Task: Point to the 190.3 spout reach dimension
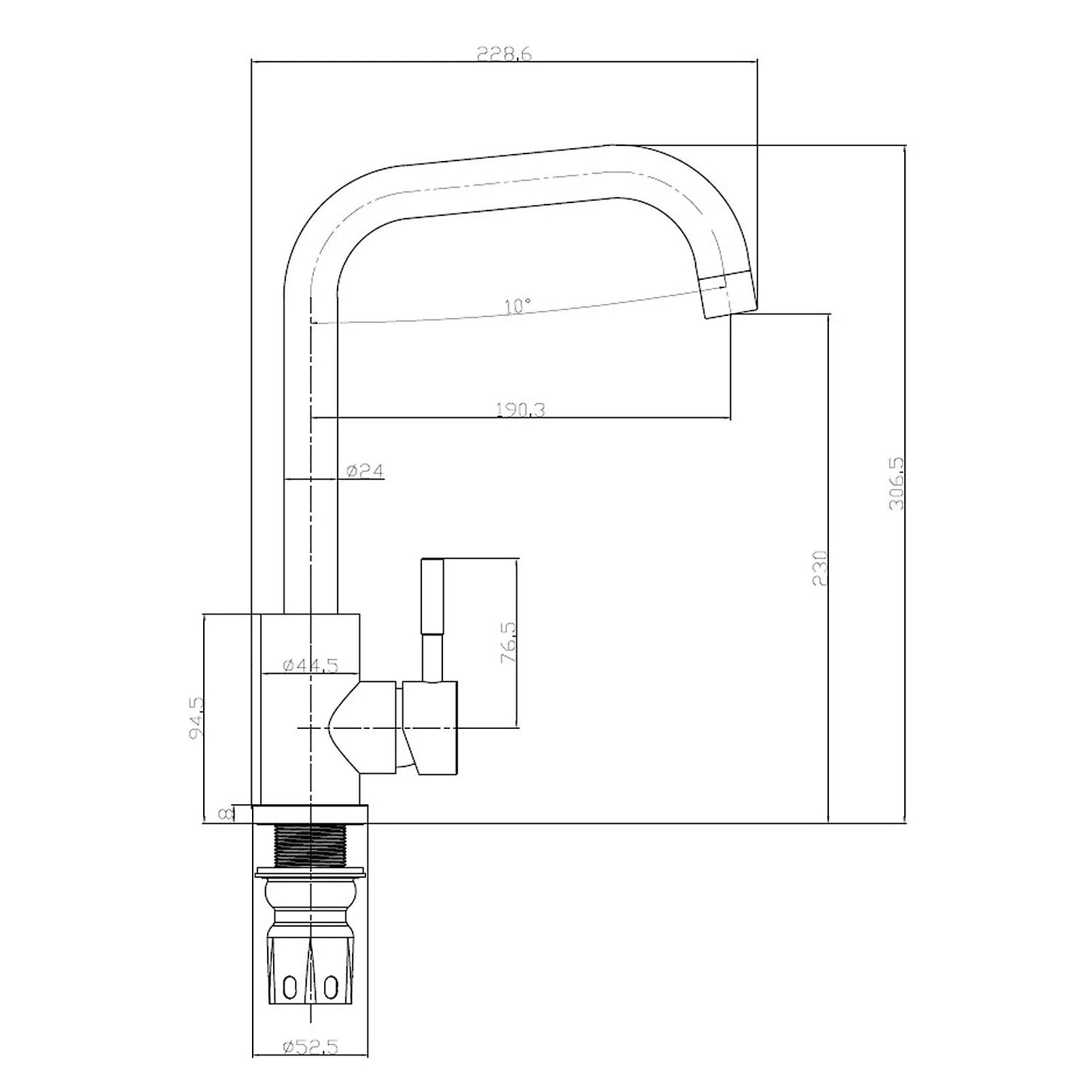click(x=520, y=409)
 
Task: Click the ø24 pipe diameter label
click(x=366, y=471)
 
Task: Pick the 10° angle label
click(x=518, y=305)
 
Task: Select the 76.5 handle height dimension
click(x=508, y=642)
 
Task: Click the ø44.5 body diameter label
click(x=310, y=665)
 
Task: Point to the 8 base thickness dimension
click(x=223, y=814)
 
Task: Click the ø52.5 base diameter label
click(x=310, y=1046)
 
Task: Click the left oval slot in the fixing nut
click(x=290, y=986)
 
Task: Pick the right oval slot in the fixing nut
click(x=329, y=986)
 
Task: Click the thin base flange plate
click(x=310, y=814)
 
